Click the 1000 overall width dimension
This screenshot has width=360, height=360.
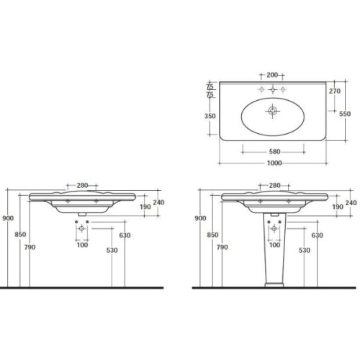click(x=274, y=163)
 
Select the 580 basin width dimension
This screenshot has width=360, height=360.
click(x=274, y=152)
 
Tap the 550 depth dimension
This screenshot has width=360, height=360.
click(x=345, y=114)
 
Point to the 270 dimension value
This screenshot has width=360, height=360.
click(x=335, y=91)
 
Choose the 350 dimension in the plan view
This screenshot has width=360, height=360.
click(x=210, y=116)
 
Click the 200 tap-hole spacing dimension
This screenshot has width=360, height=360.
click(x=272, y=75)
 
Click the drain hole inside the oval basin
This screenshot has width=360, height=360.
click(x=272, y=111)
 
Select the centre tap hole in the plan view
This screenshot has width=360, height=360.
click(x=272, y=90)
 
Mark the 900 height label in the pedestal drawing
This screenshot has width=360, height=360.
click(x=200, y=218)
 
